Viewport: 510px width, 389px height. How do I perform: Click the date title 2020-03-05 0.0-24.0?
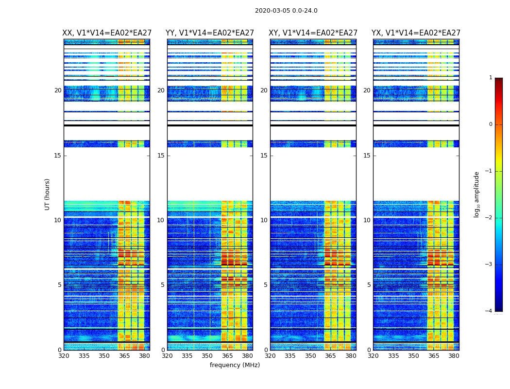pos(286,11)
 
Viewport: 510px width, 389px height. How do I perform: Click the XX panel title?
pos(107,33)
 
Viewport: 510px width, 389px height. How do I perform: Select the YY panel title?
pos(210,33)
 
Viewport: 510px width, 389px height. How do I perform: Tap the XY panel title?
pos(313,33)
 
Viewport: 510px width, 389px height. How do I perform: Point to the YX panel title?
pos(416,33)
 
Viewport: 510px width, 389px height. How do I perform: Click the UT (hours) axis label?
pos(48,194)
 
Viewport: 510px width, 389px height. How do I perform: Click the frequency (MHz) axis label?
pos(235,365)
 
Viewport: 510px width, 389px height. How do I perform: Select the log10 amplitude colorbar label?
pos(477,194)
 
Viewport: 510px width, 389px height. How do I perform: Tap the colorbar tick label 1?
pos(491,78)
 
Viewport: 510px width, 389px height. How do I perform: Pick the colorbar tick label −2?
pos(489,218)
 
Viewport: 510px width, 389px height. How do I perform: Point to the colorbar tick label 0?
pos(491,124)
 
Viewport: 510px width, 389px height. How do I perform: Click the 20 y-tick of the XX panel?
pos(58,90)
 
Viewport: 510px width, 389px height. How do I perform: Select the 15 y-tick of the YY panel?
pos(161,156)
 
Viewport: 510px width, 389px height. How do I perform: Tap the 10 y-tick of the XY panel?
pos(264,220)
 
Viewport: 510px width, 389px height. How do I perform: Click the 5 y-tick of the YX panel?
pos(369,285)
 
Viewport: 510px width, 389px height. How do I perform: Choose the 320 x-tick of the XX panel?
pos(64,356)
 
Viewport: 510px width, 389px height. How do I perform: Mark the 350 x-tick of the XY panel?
pos(310,356)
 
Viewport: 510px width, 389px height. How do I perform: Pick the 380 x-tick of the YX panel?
pos(454,356)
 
